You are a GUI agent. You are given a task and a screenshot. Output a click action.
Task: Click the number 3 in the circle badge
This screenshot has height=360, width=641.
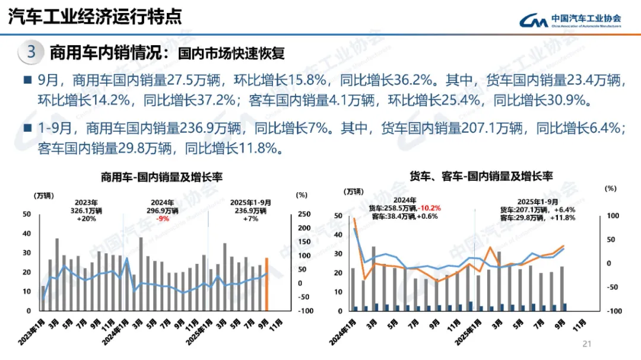tap(31, 52)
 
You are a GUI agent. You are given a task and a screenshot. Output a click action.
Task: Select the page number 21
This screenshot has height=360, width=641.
tap(588, 343)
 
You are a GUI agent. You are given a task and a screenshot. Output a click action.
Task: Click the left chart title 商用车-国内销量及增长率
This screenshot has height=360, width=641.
tap(161, 177)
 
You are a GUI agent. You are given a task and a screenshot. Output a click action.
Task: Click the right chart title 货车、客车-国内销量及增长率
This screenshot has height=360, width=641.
tap(481, 176)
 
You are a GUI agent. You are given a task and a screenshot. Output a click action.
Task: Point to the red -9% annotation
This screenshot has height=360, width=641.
tap(163, 218)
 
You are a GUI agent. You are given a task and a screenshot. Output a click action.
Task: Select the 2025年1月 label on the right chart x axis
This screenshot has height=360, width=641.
tap(466, 331)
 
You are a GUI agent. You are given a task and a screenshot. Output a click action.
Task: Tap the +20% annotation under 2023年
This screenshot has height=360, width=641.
tap(87, 218)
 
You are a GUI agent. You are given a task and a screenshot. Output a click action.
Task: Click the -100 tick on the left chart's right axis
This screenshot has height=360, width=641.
tap(304, 311)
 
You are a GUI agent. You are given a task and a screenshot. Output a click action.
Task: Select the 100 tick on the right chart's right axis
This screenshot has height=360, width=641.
tap(611, 215)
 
